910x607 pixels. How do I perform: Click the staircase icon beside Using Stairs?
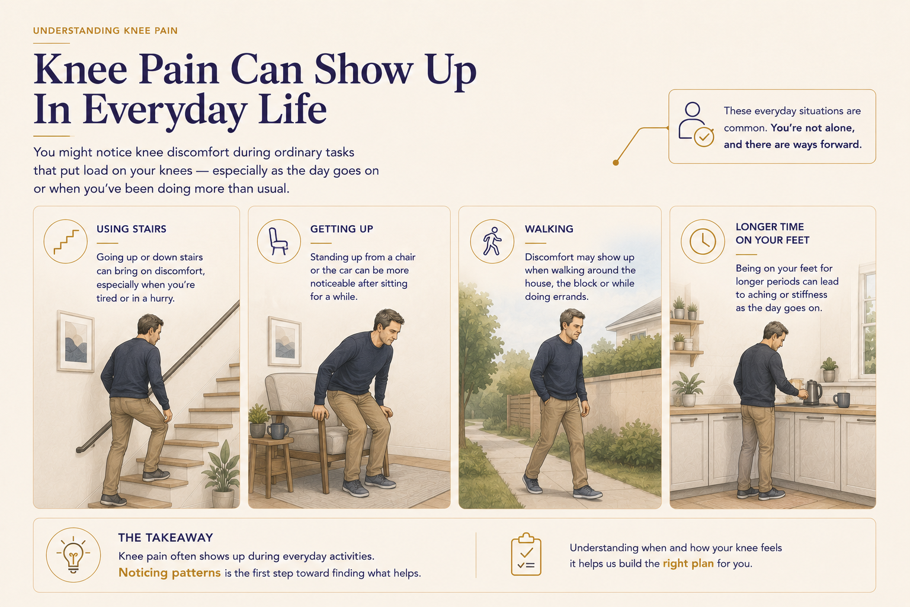click(66, 241)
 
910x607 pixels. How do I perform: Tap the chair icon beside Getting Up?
click(278, 241)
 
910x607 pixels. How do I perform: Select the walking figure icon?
click(492, 241)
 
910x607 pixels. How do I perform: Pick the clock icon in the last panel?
click(703, 241)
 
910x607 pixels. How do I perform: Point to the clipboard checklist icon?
click(526, 555)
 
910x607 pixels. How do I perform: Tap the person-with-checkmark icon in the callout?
click(696, 124)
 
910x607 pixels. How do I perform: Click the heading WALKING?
click(549, 229)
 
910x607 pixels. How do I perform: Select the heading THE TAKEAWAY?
click(166, 538)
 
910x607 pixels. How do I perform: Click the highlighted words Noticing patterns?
click(169, 573)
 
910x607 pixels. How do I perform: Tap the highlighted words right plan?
click(688, 564)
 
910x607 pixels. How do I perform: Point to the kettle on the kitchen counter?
click(812, 392)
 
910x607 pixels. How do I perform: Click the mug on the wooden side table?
click(278, 431)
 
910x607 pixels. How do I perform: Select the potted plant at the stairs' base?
click(222, 474)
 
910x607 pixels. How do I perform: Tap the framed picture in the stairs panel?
click(76, 342)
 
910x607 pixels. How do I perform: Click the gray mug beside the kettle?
click(842, 400)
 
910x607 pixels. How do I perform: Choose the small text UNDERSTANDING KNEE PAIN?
click(105, 31)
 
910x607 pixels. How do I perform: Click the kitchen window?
click(867, 321)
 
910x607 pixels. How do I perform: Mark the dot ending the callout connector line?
click(616, 162)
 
